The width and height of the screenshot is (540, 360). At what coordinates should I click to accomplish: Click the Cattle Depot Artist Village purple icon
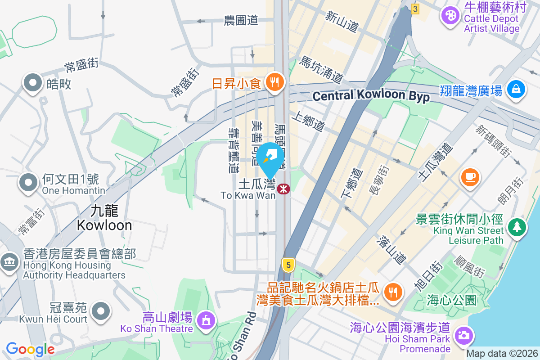(450, 17)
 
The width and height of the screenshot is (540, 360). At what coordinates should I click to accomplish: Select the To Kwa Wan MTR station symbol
(283, 189)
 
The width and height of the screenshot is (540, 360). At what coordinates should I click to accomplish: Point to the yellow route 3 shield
(415, 9)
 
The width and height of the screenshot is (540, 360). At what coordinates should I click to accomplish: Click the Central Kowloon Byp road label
(371, 96)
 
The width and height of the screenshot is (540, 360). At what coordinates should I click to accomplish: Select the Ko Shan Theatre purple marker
(207, 320)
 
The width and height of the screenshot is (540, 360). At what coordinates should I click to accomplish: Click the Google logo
(30, 349)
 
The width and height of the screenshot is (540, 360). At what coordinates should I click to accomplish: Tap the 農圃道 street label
(241, 20)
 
